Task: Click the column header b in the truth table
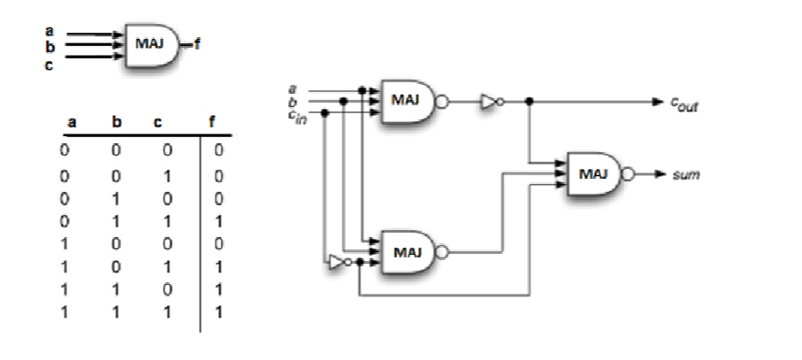point(114,125)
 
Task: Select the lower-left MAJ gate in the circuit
point(405,251)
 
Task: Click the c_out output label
point(684,103)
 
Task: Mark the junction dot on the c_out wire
point(529,102)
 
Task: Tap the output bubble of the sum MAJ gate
point(629,175)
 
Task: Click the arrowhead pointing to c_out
point(659,102)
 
